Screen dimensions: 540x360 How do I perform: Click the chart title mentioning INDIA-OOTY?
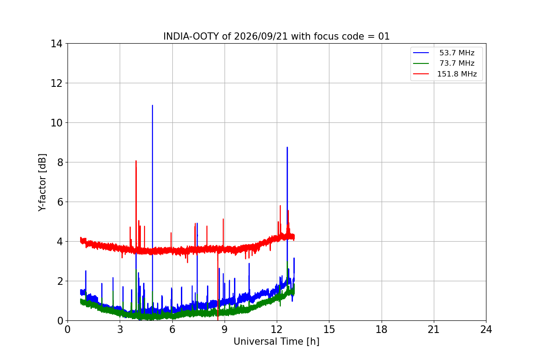tap(276, 36)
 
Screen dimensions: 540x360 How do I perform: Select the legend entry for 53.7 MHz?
tap(444, 53)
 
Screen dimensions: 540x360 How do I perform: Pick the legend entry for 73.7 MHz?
tap(444, 63)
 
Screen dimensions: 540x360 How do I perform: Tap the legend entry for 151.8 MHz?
tap(445, 74)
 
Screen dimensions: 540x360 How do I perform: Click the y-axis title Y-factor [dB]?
tap(42, 182)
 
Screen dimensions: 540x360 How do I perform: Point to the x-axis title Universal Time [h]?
tap(276, 342)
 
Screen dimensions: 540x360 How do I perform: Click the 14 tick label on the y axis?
tap(56, 44)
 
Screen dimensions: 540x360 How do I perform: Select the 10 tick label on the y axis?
tap(56, 123)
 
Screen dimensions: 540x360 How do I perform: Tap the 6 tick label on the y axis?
tap(60, 202)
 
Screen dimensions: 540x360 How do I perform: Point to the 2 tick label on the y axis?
tap(60, 281)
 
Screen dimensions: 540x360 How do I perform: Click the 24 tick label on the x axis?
tap(486, 329)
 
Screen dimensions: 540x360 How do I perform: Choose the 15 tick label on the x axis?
tap(329, 329)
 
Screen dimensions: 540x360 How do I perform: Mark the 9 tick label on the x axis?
tap(225, 329)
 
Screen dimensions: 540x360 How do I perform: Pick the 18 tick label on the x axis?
tap(382, 329)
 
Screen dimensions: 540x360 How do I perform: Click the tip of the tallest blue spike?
tap(153, 105)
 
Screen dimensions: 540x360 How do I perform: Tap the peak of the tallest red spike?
tap(136, 161)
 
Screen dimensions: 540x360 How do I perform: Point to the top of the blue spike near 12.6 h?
tap(287, 147)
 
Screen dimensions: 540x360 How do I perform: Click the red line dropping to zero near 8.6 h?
tap(218, 286)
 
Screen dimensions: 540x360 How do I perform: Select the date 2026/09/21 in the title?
tap(261, 36)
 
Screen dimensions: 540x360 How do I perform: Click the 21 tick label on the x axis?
tap(434, 329)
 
